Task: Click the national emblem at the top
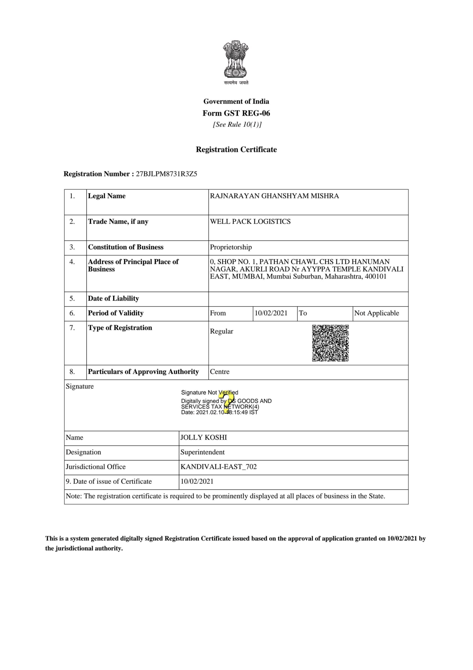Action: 236,60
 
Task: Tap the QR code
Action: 330,343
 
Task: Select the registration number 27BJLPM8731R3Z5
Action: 166,174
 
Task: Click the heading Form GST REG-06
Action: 236,113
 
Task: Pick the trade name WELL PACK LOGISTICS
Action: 250,221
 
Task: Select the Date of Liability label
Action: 113,298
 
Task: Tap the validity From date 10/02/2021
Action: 271,313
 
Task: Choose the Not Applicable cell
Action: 376,313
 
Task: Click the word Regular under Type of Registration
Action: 222,331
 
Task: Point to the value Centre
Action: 220,371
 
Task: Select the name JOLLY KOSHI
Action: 203,437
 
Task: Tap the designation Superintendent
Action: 202,452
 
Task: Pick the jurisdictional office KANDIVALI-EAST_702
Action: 218,467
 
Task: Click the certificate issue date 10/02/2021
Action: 197,481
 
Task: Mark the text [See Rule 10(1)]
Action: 237,125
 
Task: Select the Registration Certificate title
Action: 236,149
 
